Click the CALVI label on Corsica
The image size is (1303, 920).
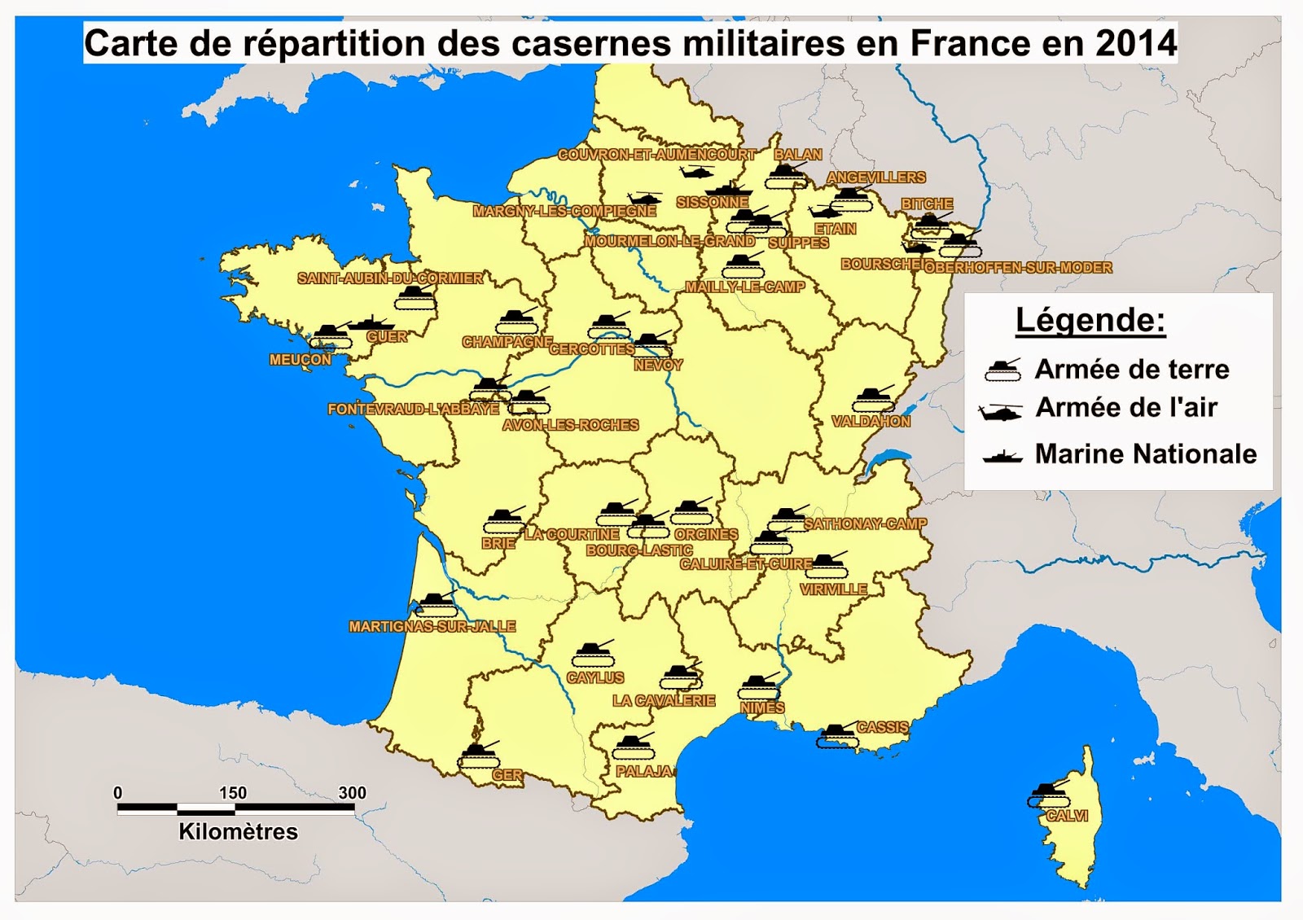tap(1067, 816)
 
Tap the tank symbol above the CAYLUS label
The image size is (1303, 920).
tap(594, 654)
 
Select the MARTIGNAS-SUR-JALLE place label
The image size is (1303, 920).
tap(432, 626)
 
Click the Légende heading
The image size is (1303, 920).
tap(1090, 320)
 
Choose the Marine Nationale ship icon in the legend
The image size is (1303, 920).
tap(1002, 455)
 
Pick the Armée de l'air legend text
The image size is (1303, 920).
tap(1125, 407)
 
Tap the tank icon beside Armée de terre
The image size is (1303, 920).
tap(1002, 370)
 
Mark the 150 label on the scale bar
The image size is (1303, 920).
tap(232, 792)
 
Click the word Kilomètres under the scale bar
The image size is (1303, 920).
tap(238, 831)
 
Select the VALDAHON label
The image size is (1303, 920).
tap(871, 421)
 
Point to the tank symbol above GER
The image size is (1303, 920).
tap(478, 756)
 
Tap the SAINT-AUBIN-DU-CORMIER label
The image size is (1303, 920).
tap(389, 278)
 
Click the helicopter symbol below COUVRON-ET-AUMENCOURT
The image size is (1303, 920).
tap(696, 173)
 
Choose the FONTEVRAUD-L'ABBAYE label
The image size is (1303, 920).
tap(413, 409)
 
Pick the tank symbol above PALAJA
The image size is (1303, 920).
tap(633, 746)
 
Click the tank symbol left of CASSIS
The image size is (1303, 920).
tap(836, 735)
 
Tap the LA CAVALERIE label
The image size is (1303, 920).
tap(664, 700)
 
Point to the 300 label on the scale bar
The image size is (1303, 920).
tap(352, 792)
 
